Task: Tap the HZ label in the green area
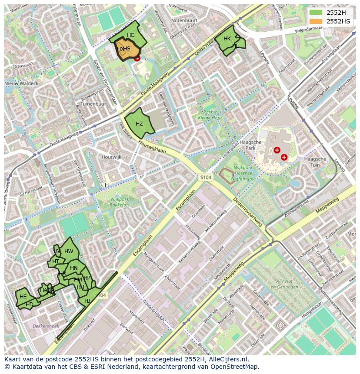coord(139,124)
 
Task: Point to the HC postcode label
coord(131,35)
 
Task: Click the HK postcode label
coord(227,39)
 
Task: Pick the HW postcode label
coord(69,252)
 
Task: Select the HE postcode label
coord(23,297)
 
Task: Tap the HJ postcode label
coord(87,301)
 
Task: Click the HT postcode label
coord(56,261)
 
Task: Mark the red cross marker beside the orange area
coord(137,58)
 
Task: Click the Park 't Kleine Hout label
coord(210,115)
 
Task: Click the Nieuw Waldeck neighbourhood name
coord(21,83)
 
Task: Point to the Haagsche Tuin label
coord(315,162)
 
